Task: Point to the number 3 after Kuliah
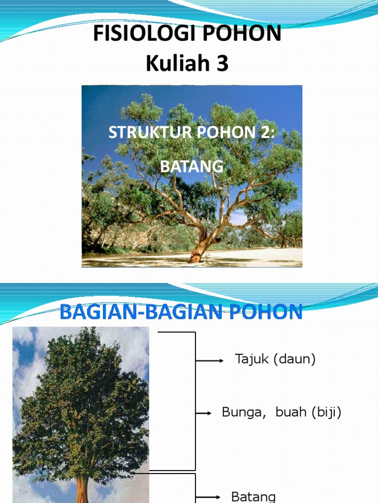pyautogui.click(x=220, y=64)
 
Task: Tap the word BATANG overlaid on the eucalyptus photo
pyautogui.click(x=191, y=167)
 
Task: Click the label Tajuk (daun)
pyautogui.click(x=275, y=360)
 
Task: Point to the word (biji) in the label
pyautogui.click(x=325, y=413)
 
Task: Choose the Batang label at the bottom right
pyautogui.click(x=253, y=497)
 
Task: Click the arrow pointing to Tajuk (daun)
pyautogui.click(x=210, y=361)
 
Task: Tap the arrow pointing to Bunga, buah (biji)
pyautogui.click(x=204, y=414)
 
